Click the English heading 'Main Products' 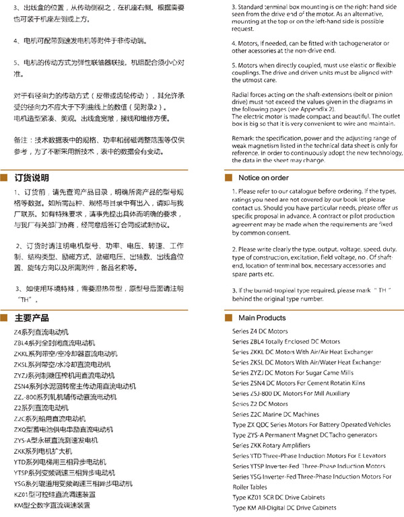(262, 317)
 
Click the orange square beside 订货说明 (6, 178)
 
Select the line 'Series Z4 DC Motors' (260, 331)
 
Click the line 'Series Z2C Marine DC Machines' (275, 414)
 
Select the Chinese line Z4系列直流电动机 (41, 332)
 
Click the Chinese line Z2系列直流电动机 (42, 407)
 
